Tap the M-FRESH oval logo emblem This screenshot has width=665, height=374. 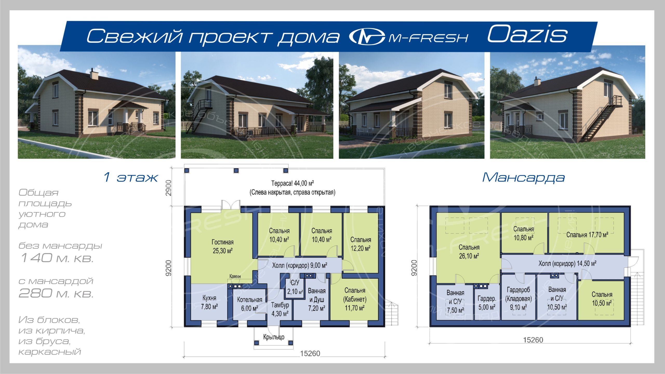coord(367,37)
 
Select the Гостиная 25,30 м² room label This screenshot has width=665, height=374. coord(223,246)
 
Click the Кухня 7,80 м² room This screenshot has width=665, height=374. coord(209,302)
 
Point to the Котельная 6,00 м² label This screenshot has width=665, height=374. coord(249,304)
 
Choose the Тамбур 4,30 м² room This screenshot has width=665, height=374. coord(280,309)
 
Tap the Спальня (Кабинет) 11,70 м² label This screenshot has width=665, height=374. coord(355,299)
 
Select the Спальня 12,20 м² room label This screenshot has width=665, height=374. coord(361,244)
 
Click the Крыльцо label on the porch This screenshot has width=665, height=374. coord(274,337)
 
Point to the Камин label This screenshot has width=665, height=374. coord(235,276)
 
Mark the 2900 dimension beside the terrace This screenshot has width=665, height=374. coord(169,188)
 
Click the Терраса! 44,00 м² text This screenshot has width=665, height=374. coord(292,183)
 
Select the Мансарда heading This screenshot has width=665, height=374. coord(523,177)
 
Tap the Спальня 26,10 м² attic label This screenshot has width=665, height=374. coord(469,252)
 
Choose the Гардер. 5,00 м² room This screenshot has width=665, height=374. coord(487,303)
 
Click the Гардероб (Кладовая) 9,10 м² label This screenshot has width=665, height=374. coord(518,298)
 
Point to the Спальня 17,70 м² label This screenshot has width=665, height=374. coord(587,235)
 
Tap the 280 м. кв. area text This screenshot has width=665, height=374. coord(56,293)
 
